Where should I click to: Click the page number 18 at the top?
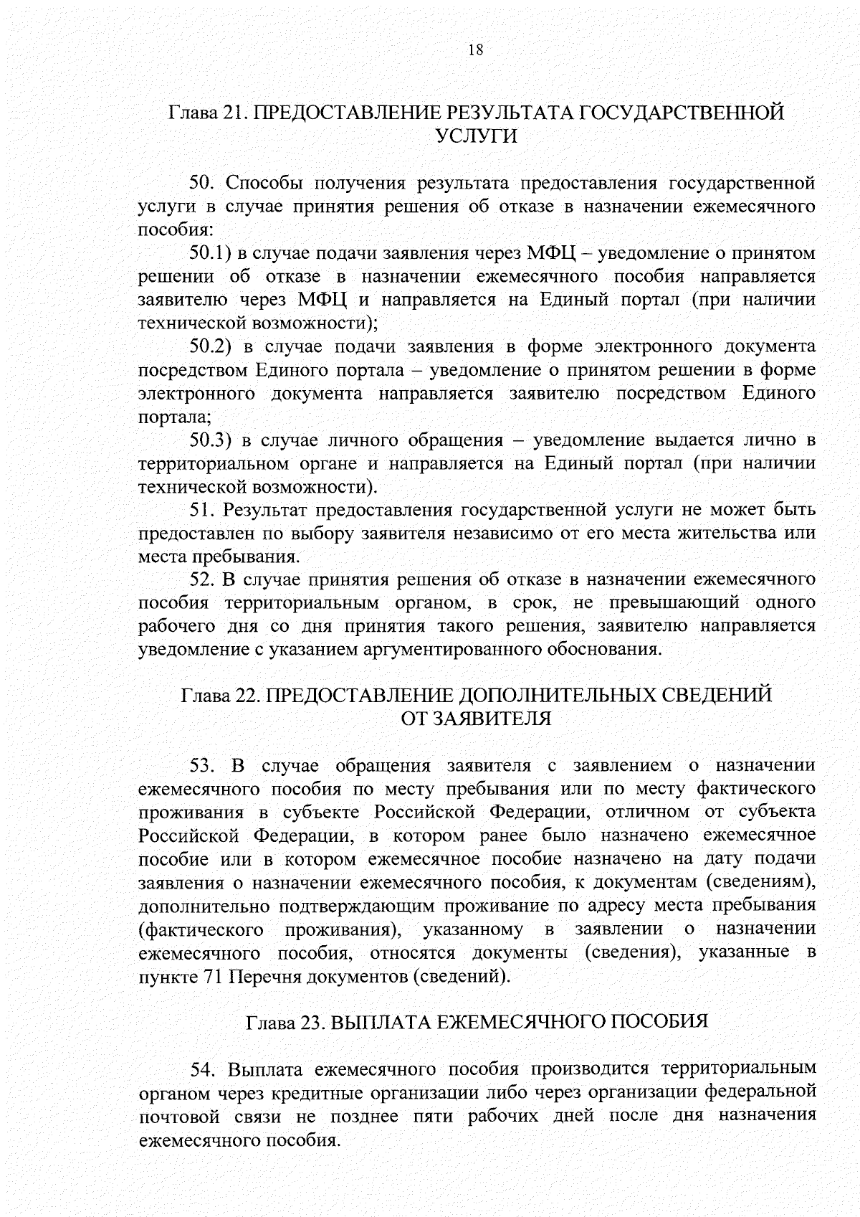pos(475,49)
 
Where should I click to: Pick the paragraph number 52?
pos(203,580)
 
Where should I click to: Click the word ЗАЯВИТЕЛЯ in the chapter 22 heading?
pos(494,719)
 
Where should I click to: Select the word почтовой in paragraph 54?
pos(178,1117)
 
